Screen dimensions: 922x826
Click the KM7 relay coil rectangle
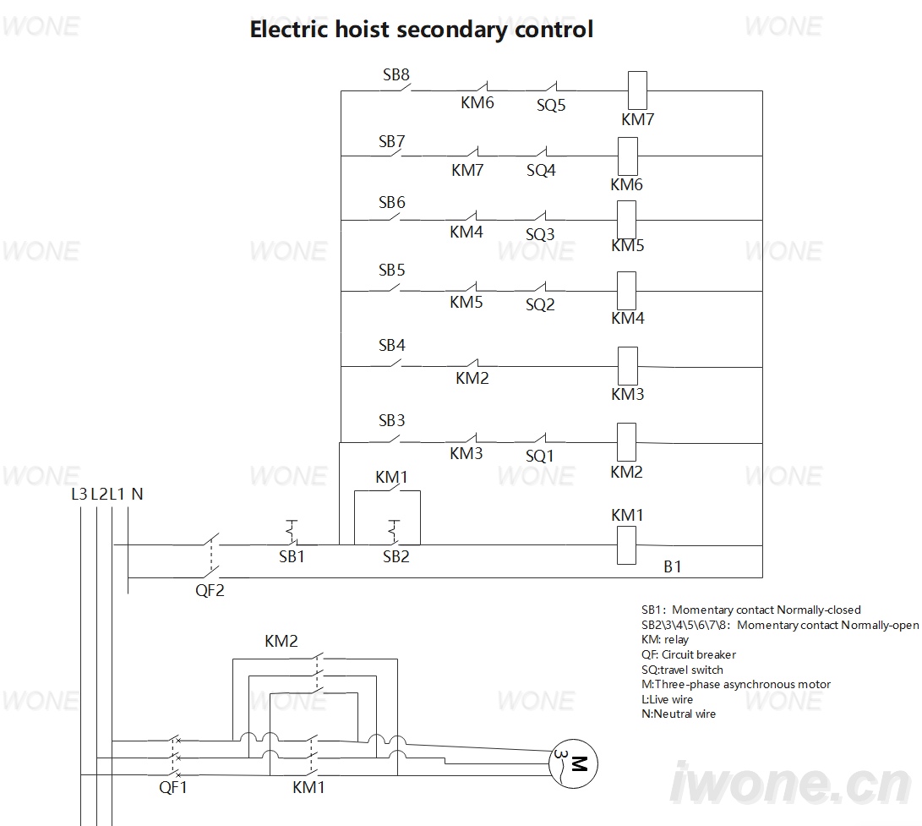(x=637, y=90)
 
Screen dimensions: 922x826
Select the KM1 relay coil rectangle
(x=626, y=545)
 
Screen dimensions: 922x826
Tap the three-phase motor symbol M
(x=573, y=763)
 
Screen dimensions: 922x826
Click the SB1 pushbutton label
(x=292, y=556)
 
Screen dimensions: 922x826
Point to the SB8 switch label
(x=396, y=74)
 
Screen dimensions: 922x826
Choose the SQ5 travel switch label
(x=551, y=106)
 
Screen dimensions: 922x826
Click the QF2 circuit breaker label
(x=210, y=590)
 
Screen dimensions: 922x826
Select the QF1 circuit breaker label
(x=173, y=787)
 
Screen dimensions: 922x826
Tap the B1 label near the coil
(x=672, y=566)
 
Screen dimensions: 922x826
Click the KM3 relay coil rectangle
(x=628, y=367)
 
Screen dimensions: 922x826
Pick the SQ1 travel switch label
(x=540, y=456)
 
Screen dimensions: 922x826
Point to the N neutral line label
(x=137, y=495)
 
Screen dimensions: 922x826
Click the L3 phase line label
(x=79, y=495)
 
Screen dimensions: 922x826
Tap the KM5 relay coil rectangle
(x=627, y=220)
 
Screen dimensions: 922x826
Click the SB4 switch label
(x=391, y=345)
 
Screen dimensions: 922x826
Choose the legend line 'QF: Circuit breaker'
(x=689, y=654)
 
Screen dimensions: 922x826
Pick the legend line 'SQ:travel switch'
(x=682, y=670)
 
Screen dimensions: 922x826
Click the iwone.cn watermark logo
(x=791, y=783)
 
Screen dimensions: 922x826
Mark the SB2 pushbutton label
(x=396, y=556)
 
